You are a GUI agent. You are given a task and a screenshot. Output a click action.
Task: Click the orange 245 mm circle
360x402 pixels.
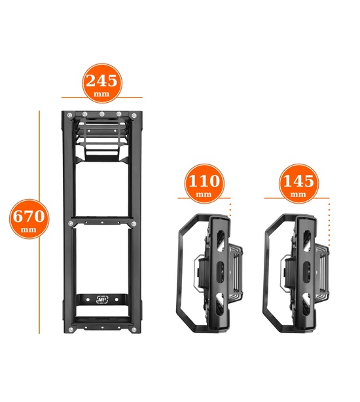102,83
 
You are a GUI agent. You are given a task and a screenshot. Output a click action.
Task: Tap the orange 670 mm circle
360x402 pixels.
29,219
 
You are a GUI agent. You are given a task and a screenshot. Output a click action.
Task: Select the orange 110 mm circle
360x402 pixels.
204,183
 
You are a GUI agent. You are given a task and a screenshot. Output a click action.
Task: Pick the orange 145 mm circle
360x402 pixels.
298,183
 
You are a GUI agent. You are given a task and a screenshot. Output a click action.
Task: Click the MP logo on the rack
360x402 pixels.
102,299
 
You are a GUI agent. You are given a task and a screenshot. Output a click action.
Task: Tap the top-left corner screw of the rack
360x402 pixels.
69,115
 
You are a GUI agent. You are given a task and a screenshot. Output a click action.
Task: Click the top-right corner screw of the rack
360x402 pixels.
134,115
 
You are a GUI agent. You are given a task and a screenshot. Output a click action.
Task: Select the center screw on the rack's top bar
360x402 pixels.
101,114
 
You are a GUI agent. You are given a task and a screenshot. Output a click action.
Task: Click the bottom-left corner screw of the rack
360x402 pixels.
71,329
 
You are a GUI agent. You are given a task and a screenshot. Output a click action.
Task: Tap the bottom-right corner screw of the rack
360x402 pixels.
134,330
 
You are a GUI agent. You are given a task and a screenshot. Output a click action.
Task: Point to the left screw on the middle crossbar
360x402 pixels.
71,223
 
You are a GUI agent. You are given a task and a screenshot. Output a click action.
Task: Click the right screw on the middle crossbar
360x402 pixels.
134,224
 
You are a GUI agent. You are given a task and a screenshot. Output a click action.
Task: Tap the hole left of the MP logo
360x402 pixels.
88,299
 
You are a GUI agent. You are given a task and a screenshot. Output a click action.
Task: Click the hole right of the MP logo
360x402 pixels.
117,299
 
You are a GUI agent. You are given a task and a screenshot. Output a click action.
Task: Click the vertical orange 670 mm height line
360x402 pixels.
39,222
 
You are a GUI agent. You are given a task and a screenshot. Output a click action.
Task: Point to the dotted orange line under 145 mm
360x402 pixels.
329,224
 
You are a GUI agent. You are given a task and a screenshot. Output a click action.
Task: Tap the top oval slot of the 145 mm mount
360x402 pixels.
307,238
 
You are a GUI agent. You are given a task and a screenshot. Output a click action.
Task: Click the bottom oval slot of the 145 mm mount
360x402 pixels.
306,304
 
